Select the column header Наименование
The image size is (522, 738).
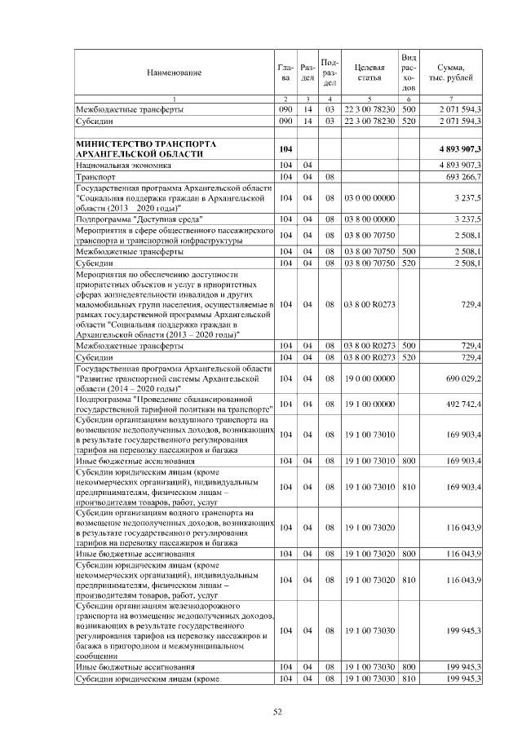point(174,73)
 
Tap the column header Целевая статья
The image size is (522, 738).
point(369,73)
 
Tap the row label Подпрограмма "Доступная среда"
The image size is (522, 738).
point(139,219)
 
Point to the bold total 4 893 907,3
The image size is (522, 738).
point(454,148)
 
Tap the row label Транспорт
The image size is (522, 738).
point(95,176)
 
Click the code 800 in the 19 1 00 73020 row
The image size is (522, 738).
point(409,554)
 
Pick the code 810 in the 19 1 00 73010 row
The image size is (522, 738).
point(409,486)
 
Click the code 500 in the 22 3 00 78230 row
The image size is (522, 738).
point(409,108)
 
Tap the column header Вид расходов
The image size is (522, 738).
point(409,73)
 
